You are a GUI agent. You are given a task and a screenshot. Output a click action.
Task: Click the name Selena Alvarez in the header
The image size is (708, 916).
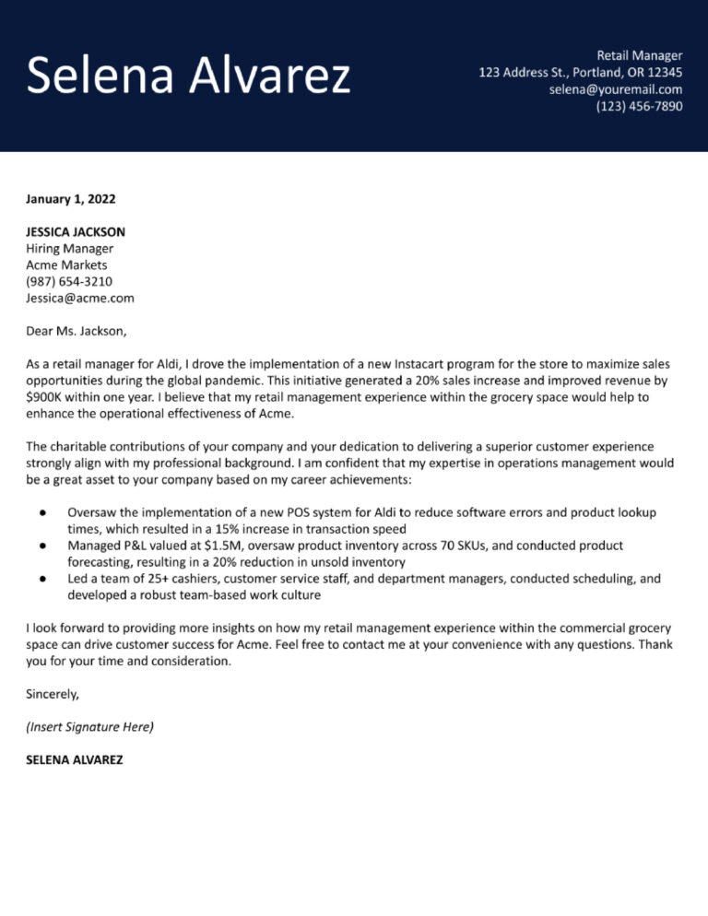pyautogui.click(x=188, y=76)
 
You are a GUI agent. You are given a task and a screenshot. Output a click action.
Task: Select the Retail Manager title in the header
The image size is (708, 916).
pyautogui.click(x=640, y=55)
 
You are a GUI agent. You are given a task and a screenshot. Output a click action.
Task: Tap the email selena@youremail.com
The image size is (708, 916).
pyautogui.click(x=615, y=89)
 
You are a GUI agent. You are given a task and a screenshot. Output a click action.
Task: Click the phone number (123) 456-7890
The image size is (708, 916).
pyautogui.click(x=639, y=106)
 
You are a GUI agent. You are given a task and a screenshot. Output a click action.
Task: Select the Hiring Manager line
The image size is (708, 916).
pyautogui.click(x=70, y=249)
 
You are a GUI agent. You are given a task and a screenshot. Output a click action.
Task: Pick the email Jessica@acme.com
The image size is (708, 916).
pyautogui.click(x=80, y=299)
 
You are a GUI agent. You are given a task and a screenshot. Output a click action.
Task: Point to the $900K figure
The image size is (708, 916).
pyautogui.click(x=45, y=397)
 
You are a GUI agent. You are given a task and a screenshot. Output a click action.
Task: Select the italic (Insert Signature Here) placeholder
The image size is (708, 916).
pyautogui.click(x=90, y=727)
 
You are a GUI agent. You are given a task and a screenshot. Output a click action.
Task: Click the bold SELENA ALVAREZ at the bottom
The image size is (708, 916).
pyautogui.click(x=74, y=760)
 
